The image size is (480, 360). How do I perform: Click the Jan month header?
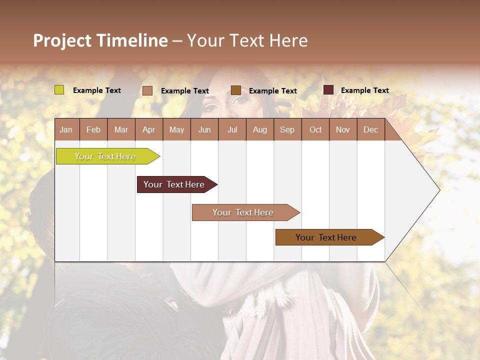click(66, 129)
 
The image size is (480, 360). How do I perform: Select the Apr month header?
click(149, 129)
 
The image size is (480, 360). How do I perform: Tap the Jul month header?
click(232, 129)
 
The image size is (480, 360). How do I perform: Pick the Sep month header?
click(287, 129)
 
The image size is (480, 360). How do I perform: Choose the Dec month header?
click(370, 129)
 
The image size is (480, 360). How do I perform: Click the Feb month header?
click(93, 129)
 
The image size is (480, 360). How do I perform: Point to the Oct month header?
click(315, 129)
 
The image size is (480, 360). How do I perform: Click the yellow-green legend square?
click(59, 90)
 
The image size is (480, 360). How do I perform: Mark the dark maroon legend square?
click(328, 90)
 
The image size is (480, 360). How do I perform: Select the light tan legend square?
click(147, 90)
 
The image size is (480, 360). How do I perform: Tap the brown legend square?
click(236, 90)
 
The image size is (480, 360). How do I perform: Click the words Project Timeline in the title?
click(100, 40)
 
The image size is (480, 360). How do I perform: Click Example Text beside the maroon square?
click(364, 90)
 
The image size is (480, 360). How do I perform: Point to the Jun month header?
click(204, 129)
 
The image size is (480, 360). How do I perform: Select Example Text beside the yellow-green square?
click(97, 90)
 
